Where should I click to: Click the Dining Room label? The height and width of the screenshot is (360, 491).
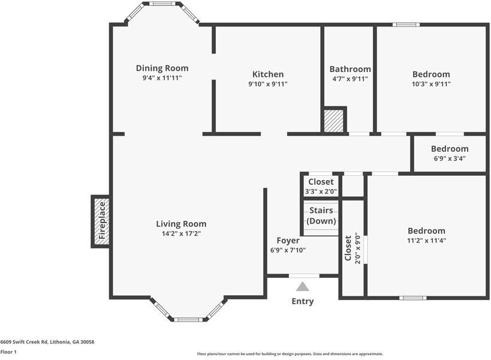162,68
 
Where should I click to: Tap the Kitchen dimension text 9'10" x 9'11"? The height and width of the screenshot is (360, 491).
267,84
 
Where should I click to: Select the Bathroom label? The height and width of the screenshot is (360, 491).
350,69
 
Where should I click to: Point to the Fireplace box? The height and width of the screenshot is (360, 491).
101,221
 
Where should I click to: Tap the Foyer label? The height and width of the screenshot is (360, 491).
288,241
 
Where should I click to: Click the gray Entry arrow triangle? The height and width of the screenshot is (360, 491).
303,287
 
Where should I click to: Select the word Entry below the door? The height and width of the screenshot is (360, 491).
302,301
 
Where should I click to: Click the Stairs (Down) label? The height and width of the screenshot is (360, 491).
321,215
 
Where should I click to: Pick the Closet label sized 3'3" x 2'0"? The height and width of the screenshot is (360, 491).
321,182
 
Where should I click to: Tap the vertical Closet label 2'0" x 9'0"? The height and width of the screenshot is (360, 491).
348,247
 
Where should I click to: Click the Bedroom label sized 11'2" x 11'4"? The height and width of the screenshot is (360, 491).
426,230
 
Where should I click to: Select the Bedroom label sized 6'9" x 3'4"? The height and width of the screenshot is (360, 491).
450,149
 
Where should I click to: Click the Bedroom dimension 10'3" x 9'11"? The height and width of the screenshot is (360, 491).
431,84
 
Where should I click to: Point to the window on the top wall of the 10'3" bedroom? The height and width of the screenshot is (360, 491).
406,25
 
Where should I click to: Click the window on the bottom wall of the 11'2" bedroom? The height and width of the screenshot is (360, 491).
412,298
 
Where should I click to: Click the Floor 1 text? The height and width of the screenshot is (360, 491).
8,352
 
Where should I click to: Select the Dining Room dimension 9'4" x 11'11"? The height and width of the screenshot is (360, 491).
162,78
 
